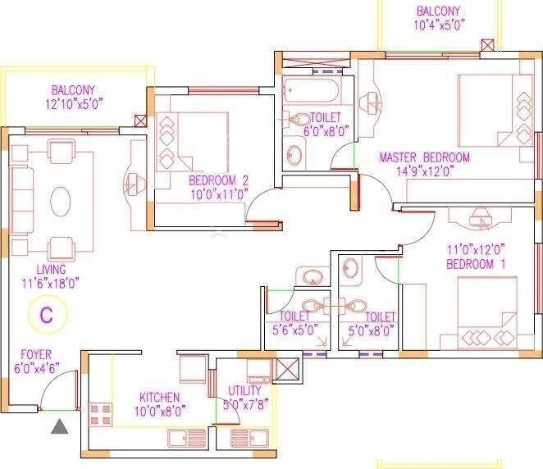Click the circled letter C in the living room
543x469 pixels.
point(47,314)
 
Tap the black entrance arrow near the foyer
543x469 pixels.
point(60,426)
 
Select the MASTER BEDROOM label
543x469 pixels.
point(423,157)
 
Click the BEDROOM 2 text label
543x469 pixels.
point(218,180)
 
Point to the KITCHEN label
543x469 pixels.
point(160,398)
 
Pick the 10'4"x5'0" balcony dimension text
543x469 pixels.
point(439,25)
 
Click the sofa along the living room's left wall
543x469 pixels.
point(21,201)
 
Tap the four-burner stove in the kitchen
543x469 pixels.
point(100,415)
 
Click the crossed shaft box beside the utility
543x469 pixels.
point(288,371)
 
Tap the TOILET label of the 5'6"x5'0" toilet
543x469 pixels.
point(294,316)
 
